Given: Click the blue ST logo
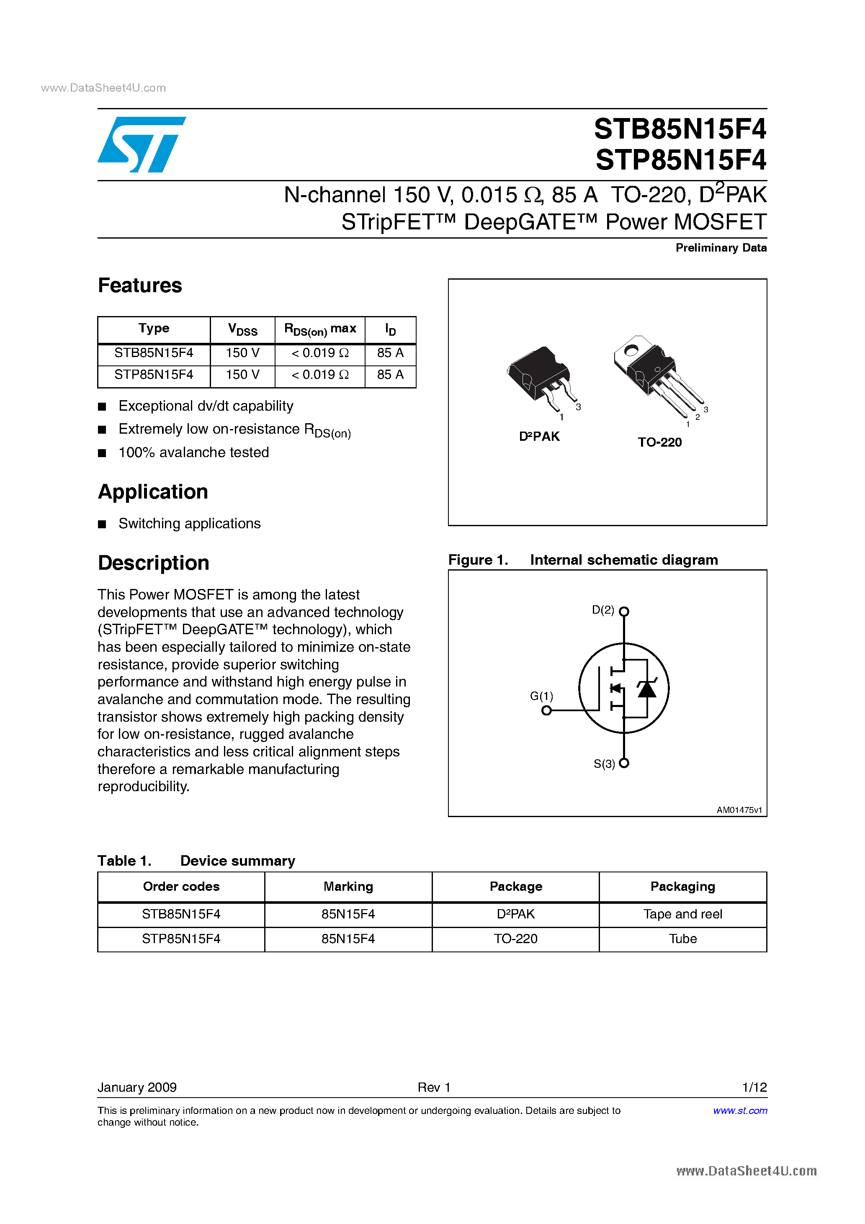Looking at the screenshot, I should click(142, 144).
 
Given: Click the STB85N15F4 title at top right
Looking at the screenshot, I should click(680, 129).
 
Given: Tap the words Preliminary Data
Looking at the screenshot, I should click(721, 248).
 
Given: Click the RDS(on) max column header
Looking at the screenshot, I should click(320, 329).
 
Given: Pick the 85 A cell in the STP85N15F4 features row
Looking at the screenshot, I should click(390, 375).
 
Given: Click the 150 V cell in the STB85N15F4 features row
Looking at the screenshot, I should click(243, 353).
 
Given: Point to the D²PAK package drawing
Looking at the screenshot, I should click(540, 376).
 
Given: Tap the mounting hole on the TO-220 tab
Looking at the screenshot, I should click(631, 350).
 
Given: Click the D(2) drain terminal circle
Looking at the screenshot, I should click(624, 612).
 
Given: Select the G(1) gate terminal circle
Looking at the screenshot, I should click(546, 711).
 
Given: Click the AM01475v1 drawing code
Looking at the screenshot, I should click(739, 810).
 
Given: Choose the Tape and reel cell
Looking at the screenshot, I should click(682, 914).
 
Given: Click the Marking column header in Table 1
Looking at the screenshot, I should click(348, 887).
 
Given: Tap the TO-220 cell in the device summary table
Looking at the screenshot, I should click(515, 939).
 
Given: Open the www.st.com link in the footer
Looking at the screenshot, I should click(740, 1111).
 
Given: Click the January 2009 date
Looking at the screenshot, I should click(137, 1087).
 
